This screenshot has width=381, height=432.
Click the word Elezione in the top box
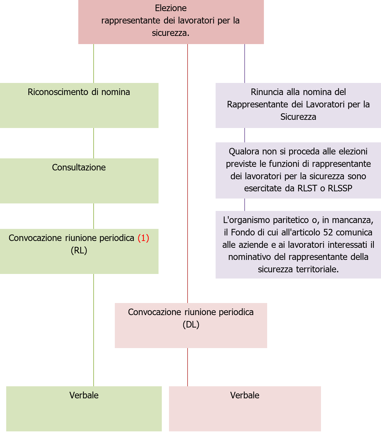[x=171, y=8]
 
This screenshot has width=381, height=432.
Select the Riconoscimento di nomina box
[x=79, y=105]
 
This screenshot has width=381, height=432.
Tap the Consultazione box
[x=79, y=181]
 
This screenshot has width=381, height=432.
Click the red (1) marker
[x=143, y=238]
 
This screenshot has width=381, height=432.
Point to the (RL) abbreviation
[x=79, y=250]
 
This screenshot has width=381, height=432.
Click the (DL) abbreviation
[x=191, y=325]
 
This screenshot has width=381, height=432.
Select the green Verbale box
[x=84, y=408]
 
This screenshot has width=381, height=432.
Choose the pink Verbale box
[x=245, y=408]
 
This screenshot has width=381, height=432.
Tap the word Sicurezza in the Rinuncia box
[x=298, y=117]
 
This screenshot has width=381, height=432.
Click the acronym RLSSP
[x=340, y=188]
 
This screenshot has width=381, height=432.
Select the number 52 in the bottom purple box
[x=328, y=232]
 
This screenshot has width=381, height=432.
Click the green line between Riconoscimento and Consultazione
[x=94, y=143]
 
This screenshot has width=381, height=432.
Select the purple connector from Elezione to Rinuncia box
[x=245, y=63]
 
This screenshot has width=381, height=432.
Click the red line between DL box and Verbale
[x=188, y=367]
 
